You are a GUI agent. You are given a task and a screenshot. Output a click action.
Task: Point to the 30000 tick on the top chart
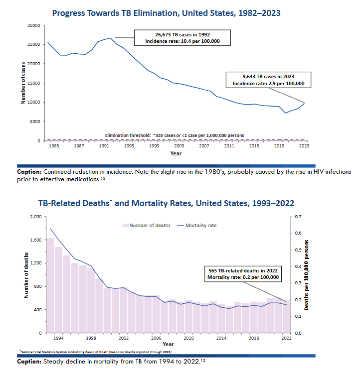click(33, 25)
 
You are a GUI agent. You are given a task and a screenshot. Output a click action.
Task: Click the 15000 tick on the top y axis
click(33, 83)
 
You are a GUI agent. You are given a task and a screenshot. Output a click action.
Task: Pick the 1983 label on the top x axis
click(54, 146)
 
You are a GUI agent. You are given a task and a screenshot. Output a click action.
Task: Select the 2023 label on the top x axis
click(304, 146)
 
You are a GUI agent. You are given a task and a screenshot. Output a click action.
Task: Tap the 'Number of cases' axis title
click(23, 83)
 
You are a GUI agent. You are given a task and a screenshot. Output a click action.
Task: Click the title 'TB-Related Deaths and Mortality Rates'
click(166, 203)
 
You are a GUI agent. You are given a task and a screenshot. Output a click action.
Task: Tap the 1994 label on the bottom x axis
click(58, 338)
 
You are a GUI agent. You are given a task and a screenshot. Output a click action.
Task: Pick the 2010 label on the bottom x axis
click(189, 338)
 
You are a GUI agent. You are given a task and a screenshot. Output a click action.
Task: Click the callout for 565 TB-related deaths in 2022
click(243, 274)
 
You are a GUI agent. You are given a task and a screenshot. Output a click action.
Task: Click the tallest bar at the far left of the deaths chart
click(50, 285)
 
